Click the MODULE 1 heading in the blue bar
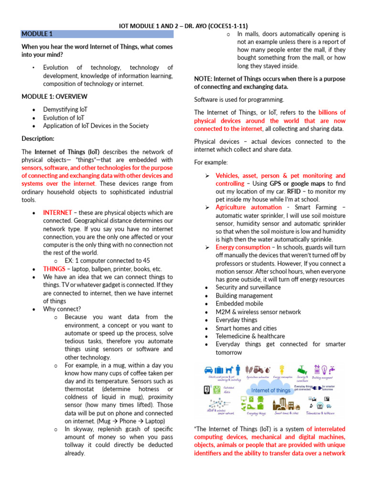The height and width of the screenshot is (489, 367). [x=37, y=34]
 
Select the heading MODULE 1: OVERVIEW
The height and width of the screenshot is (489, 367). [x=54, y=96]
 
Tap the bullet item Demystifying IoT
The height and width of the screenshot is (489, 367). [x=65, y=109]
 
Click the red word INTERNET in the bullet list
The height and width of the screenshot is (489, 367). [x=57, y=212]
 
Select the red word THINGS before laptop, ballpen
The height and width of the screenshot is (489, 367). [x=54, y=269]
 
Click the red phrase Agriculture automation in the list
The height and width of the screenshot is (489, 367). [x=248, y=207]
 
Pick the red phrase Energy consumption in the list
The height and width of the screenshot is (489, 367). [x=243, y=247]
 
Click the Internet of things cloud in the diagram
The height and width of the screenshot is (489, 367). [x=270, y=390]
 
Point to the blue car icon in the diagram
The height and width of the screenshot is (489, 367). [x=209, y=369]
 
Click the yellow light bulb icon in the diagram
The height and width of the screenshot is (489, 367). [x=283, y=369]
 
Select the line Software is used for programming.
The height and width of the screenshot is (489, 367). [x=239, y=99]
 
